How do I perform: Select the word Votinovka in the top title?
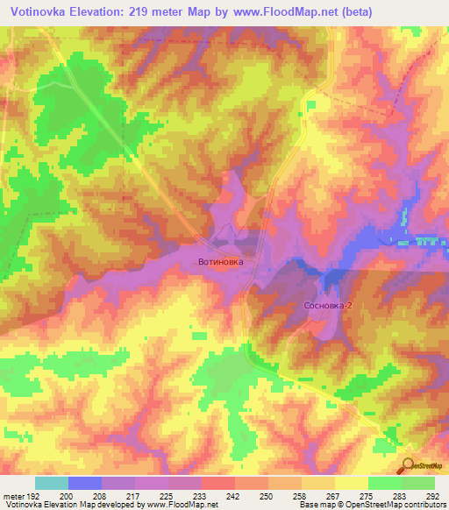[41, 12]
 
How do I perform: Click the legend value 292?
[433, 496]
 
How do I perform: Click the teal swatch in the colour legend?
[51, 483]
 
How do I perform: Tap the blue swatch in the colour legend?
[84, 483]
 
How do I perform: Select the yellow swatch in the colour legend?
[350, 483]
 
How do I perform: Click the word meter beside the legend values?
[12, 496]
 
